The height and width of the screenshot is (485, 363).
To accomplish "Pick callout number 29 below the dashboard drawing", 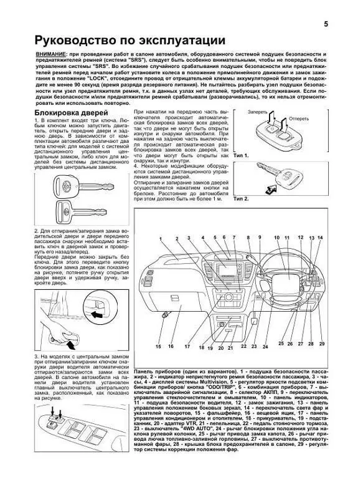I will click(322, 343).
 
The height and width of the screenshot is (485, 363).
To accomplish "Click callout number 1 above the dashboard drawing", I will click(160, 239).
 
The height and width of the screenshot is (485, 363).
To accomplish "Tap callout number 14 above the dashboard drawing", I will click(321, 238).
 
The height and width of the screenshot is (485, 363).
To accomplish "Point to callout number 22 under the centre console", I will click(243, 346).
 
